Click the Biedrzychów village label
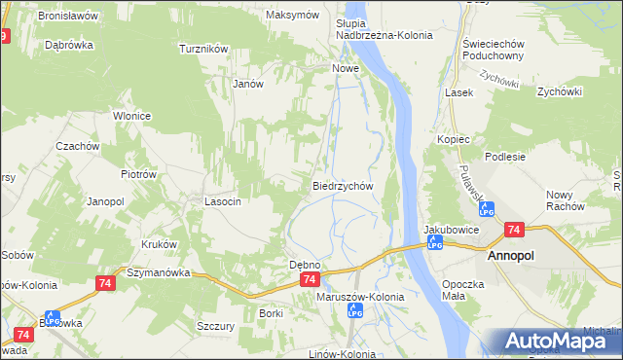[343, 185]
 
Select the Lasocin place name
[222, 201]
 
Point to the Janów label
[248, 84]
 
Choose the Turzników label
[203, 48]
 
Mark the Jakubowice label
[450, 230]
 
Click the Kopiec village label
[454, 139]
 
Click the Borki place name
[271, 312]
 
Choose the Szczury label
[215, 327]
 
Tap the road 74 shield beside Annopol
[514, 230]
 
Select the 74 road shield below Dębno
[309, 279]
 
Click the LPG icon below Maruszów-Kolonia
[355, 311]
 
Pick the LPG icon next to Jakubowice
[435, 242]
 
